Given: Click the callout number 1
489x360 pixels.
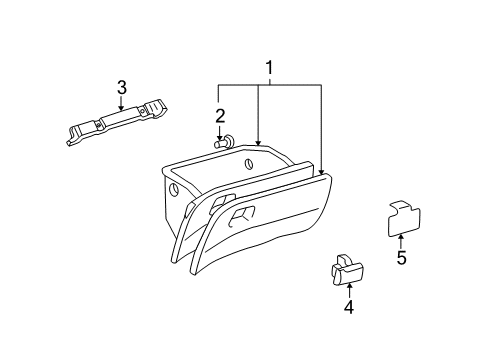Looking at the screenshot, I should pos(268,69).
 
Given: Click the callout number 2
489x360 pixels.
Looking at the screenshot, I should pos(220,115).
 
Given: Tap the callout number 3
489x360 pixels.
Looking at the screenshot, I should pos(121,87).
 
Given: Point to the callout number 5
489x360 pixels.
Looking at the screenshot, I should pos(401,257).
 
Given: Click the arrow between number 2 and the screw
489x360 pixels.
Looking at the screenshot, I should pos(220,131).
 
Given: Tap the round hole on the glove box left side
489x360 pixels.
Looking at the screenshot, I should pos(176,189).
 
